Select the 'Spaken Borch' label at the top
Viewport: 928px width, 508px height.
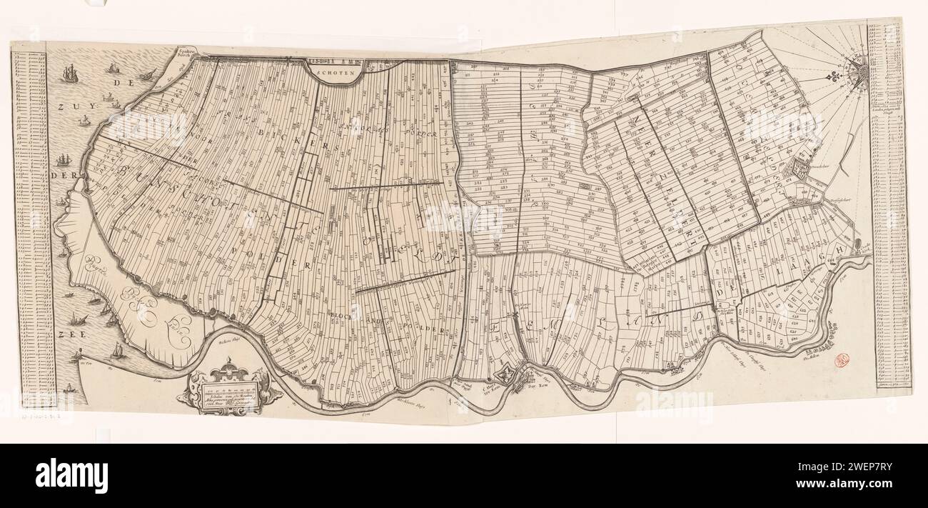(x=187, y=54)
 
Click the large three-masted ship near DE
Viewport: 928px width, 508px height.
(x=69, y=74)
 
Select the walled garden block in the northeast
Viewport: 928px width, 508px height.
(x=800, y=169)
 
